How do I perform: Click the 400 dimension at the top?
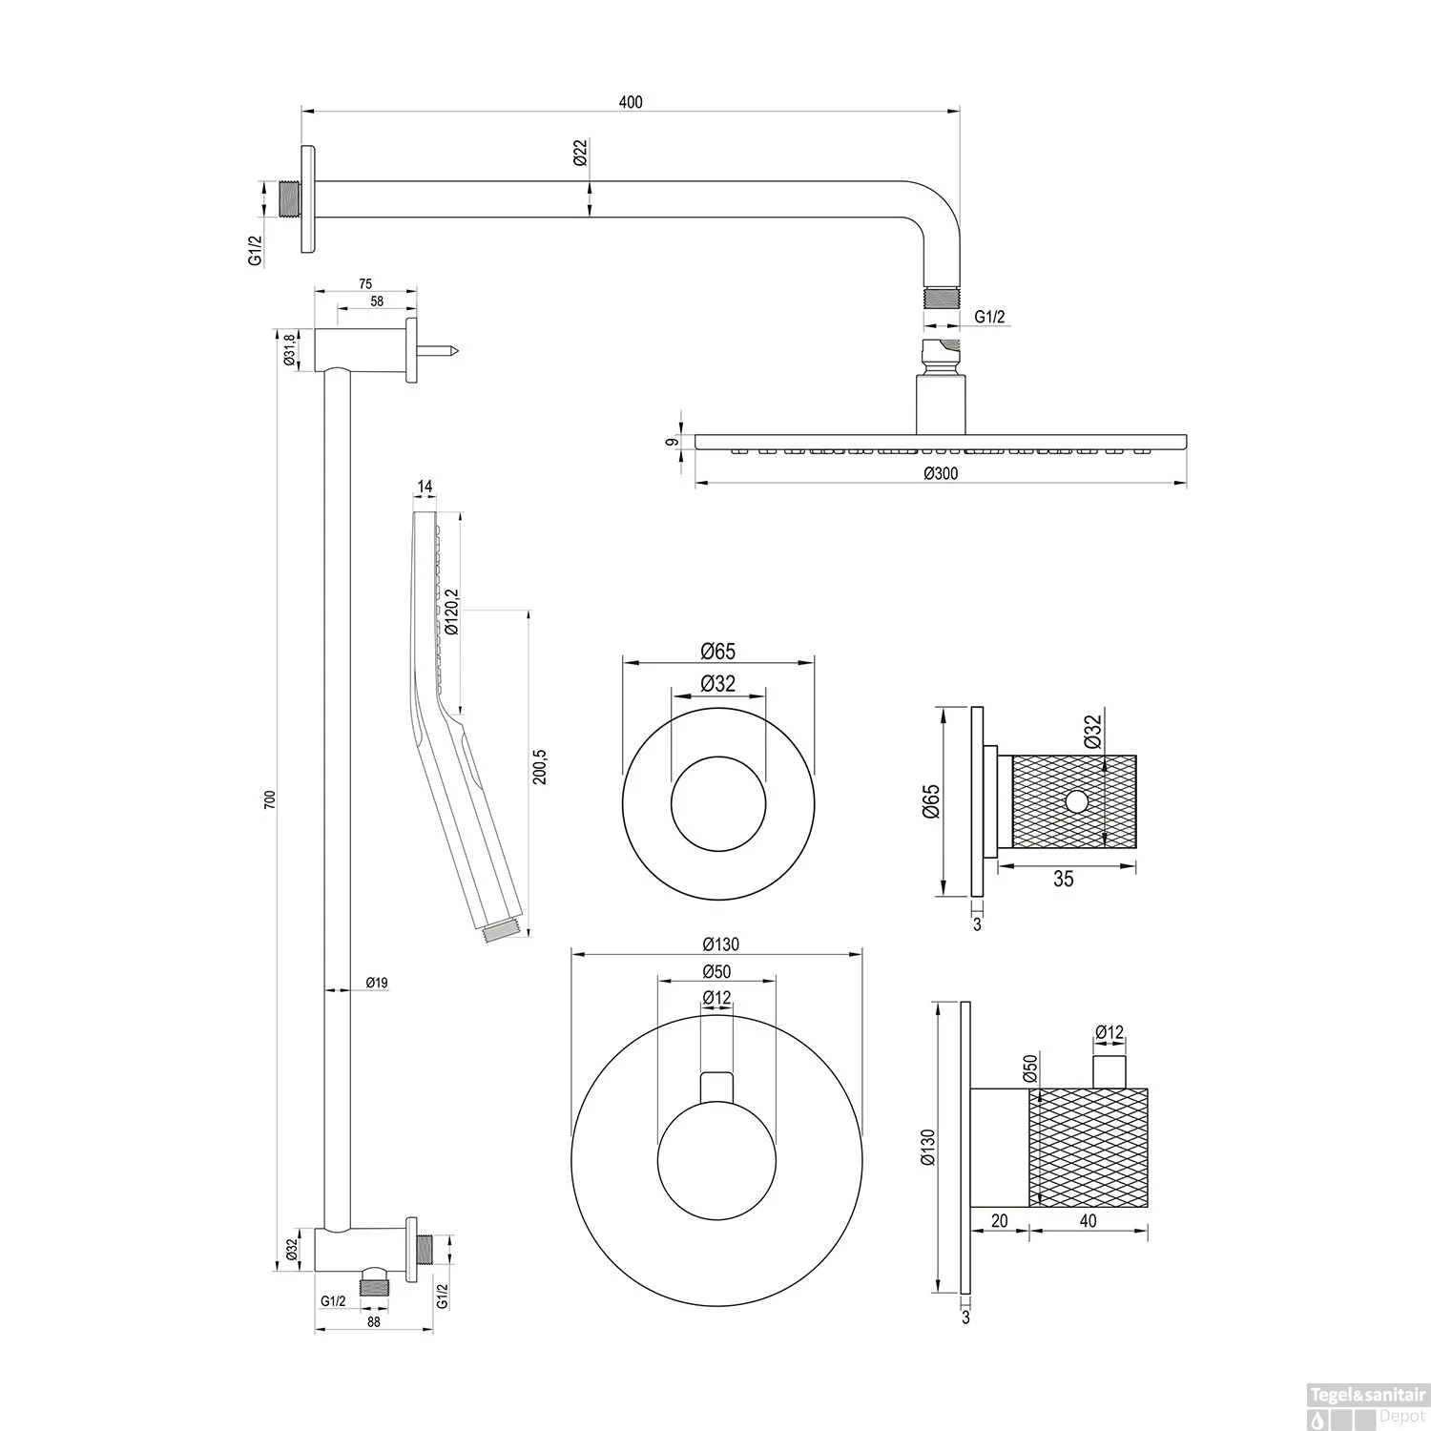click(x=631, y=102)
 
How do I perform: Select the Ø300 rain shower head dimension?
click(x=941, y=473)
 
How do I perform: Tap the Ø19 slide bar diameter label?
click(x=376, y=982)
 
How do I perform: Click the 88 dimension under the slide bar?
click(x=373, y=1321)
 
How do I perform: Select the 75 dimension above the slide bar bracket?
click(x=365, y=283)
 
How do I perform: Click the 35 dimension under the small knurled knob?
click(x=1063, y=879)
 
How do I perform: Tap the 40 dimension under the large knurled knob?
click(x=1088, y=1220)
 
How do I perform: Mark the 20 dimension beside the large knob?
click(x=999, y=1220)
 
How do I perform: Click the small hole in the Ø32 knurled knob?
click(x=1076, y=801)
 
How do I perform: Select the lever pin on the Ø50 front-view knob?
click(x=716, y=1088)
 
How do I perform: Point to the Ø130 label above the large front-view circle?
click(x=720, y=944)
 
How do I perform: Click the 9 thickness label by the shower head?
click(x=673, y=442)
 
